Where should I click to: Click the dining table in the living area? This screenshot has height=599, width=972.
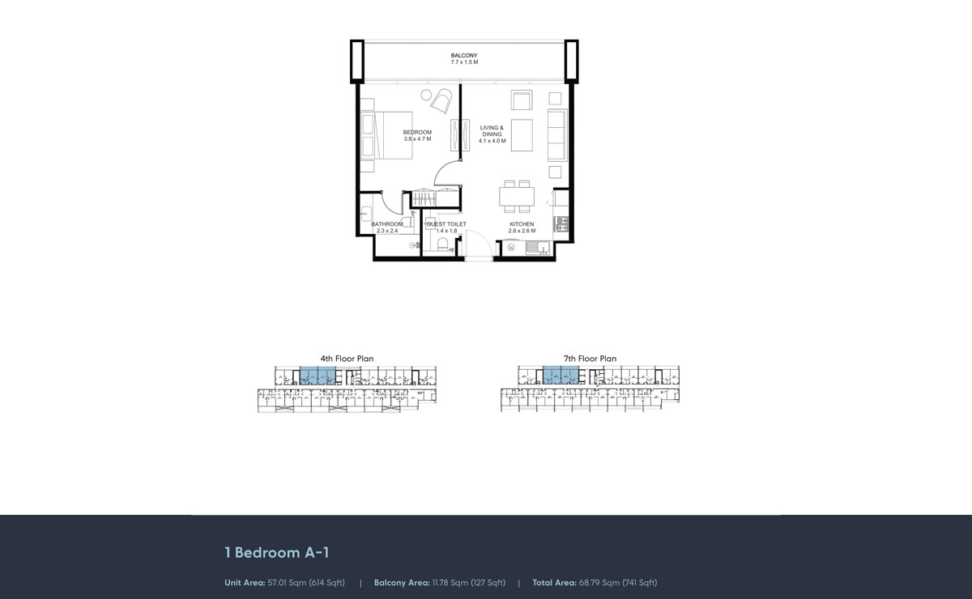click(x=515, y=197)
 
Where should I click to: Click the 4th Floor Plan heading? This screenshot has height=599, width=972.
click(x=347, y=359)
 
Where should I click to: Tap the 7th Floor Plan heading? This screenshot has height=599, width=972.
click(x=590, y=359)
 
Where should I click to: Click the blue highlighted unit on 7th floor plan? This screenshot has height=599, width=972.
click(x=561, y=376)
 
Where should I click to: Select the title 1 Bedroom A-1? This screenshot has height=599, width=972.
click(x=276, y=553)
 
